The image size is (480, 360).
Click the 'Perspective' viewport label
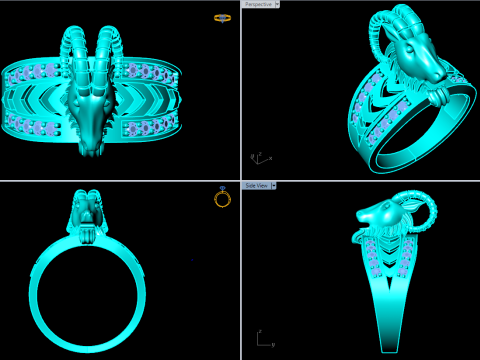click(x=259, y=4)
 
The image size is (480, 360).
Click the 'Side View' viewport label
click(x=256, y=185)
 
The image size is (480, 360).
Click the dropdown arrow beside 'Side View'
click(x=274, y=185)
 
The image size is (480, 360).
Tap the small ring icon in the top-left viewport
click(x=222, y=18)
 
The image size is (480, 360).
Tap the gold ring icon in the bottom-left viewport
click(x=222, y=198)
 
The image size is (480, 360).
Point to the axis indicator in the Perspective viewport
click(x=256, y=158)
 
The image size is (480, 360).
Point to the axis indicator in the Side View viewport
click(x=263, y=339)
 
